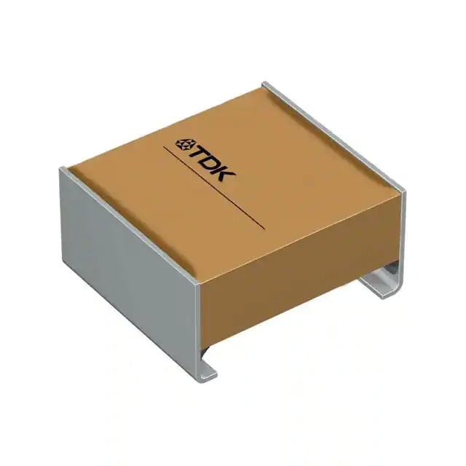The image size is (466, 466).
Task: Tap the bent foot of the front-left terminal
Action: (208, 371)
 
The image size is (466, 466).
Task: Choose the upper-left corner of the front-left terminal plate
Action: (62, 169)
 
